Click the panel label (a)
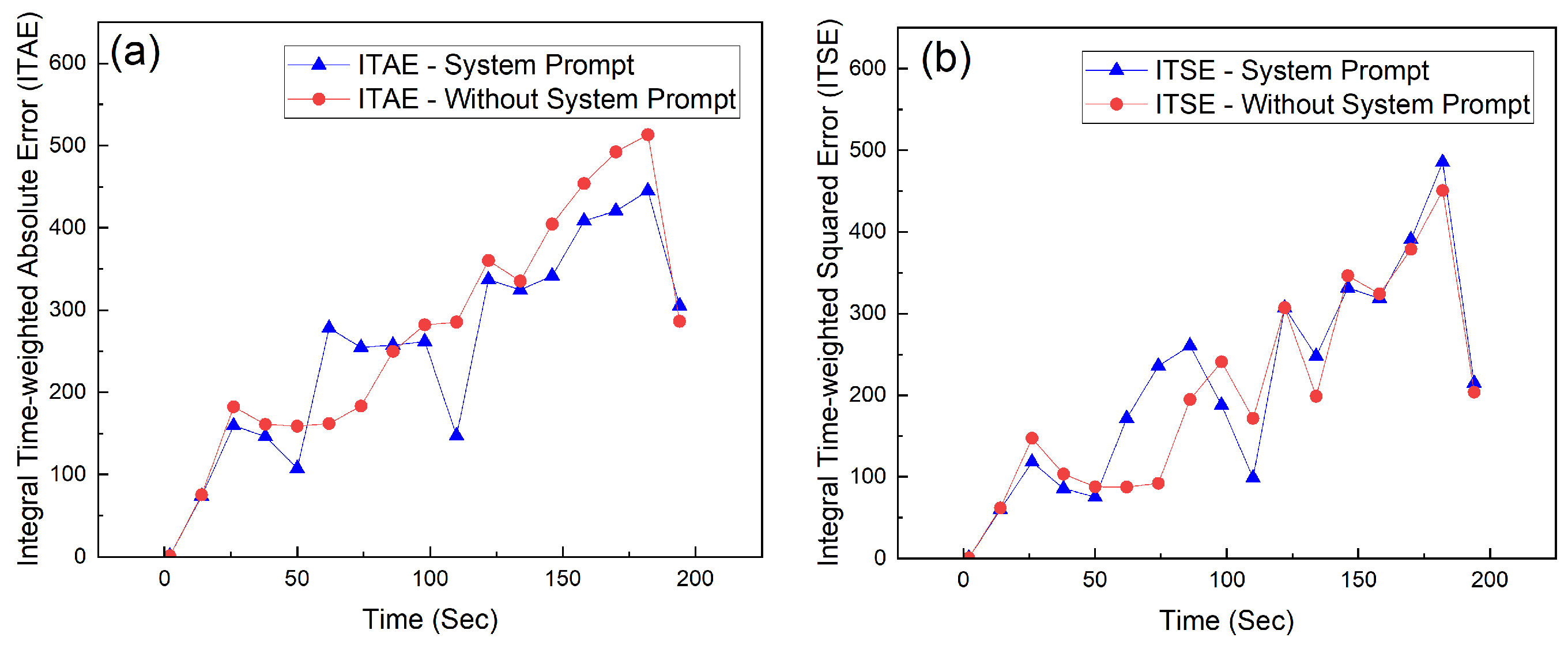pos(135,53)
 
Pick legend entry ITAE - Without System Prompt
pos(546,99)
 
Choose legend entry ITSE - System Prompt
pos(1291,70)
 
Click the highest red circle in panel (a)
pos(647,134)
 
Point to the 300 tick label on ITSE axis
pos(867,313)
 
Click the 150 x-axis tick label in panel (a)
pos(563,578)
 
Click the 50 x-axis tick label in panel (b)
pos(1095,580)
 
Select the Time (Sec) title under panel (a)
pos(429,620)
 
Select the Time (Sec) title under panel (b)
pos(1226,621)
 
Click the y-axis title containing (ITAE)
pos(28,289)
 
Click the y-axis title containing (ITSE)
pos(828,292)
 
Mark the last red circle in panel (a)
pos(679,321)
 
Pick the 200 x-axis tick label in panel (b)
pos(1490,580)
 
